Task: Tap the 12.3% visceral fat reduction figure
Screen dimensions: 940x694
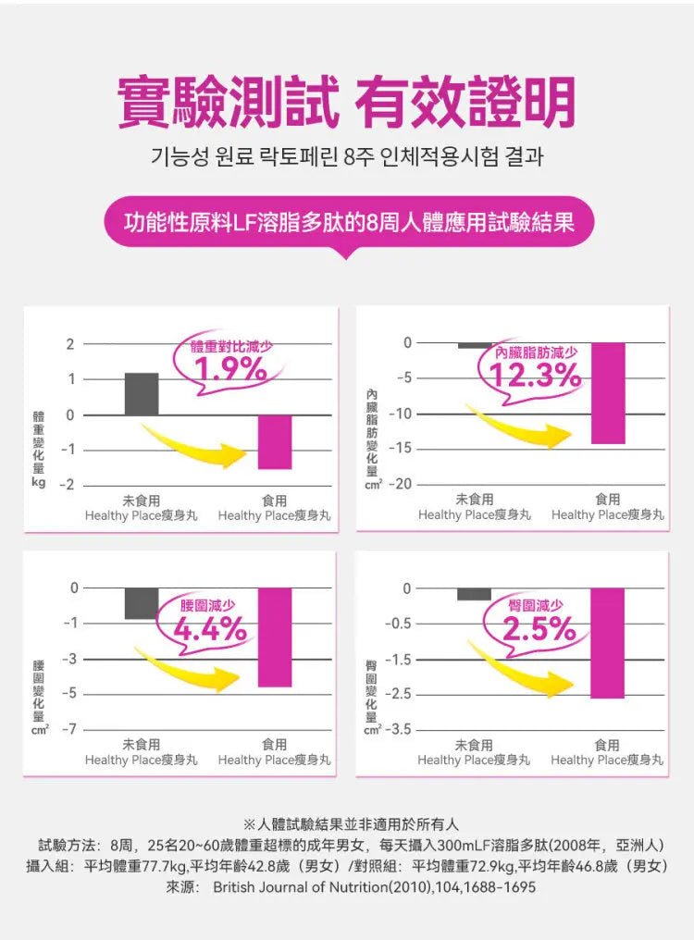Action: point(537,375)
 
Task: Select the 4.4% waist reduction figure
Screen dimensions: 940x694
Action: point(210,631)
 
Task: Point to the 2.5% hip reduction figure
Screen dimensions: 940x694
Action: point(540,630)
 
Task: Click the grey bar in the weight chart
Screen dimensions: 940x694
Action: point(142,393)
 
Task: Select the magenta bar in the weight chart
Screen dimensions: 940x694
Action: point(275,442)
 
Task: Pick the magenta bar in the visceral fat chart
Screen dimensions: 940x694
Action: point(608,393)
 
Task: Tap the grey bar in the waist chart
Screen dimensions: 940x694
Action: point(142,603)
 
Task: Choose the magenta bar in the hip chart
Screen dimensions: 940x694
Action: point(607,643)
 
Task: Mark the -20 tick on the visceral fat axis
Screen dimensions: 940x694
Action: point(400,485)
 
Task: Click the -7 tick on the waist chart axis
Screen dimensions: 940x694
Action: point(68,730)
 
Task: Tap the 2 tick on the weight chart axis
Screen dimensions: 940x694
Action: point(70,345)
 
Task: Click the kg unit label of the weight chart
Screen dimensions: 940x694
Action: point(38,483)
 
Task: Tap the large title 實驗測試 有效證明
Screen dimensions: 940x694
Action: point(346,102)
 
